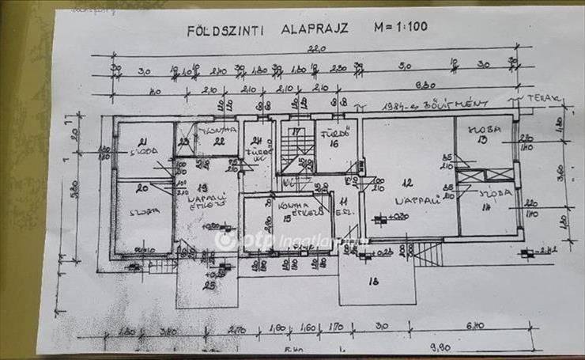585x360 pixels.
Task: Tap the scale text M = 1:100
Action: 400,28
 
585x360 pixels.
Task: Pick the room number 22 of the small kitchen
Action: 219,141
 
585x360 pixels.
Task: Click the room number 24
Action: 257,141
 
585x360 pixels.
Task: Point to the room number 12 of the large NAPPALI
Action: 409,183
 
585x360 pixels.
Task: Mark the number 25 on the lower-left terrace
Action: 209,285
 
